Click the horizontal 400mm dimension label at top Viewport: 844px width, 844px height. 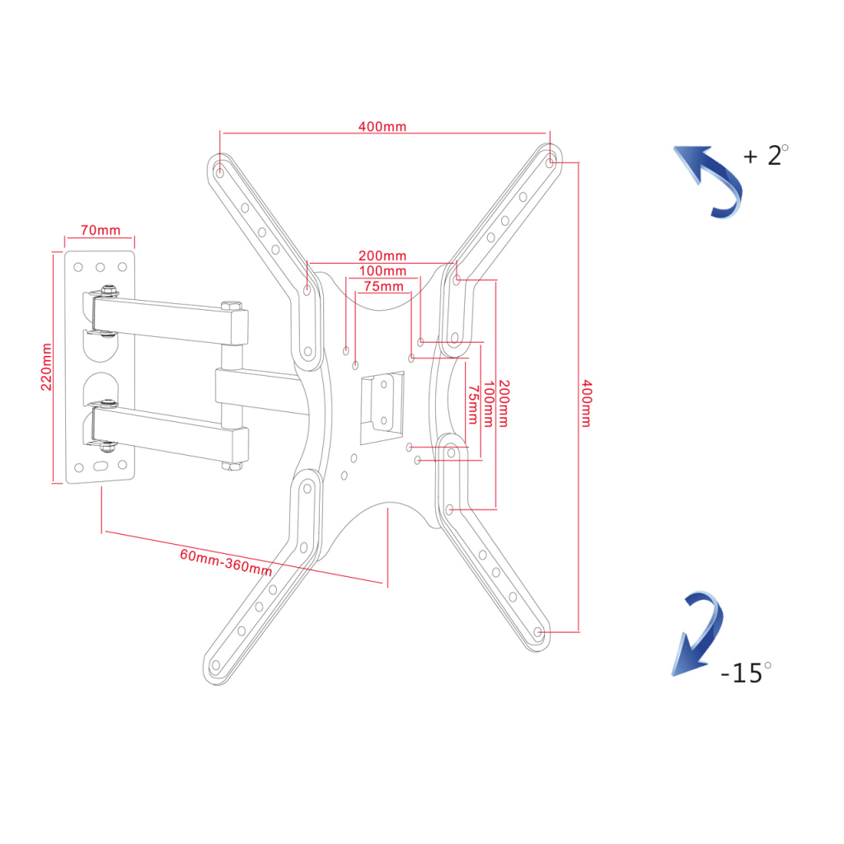382,126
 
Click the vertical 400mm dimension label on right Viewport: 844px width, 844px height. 587,403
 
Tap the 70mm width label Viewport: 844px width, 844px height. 100,230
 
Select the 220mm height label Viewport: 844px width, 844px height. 47,367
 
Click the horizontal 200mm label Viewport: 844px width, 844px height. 382,256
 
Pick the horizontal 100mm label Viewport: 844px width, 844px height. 382,270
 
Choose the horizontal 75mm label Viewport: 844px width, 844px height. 383,286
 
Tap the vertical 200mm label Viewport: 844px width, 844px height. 504,403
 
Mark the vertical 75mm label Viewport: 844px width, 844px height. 473,405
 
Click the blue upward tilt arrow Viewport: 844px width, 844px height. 710,181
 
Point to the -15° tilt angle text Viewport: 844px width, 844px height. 745,673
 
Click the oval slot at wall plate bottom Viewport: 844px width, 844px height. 101,467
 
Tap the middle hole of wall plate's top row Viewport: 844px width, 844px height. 100,267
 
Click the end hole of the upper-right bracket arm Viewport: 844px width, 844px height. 550,162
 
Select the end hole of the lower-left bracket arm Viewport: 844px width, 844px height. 216,665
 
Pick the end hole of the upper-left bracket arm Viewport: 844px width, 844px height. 219,173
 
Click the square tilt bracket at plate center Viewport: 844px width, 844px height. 382,407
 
